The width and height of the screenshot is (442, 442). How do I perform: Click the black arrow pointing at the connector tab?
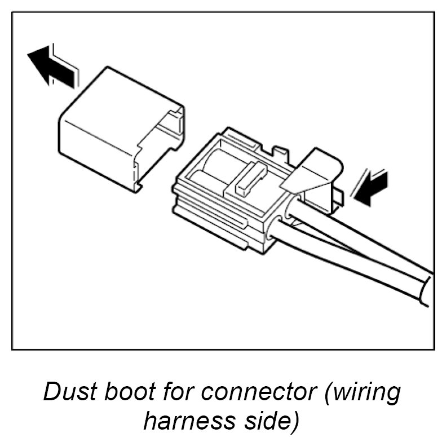click(x=371, y=188)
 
